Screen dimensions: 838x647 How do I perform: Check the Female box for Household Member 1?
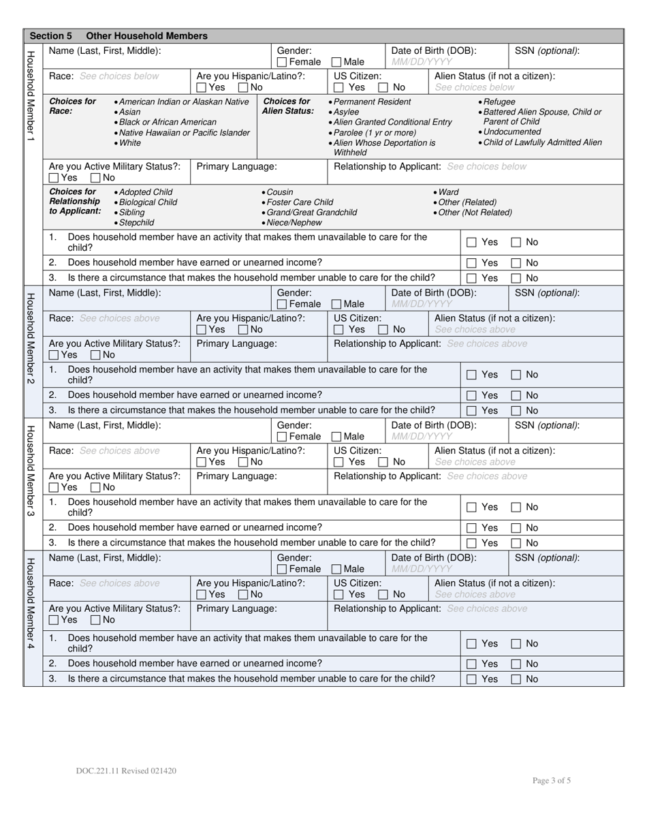click(x=282, y=62)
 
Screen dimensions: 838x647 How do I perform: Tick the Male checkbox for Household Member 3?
click(x=336, y=437)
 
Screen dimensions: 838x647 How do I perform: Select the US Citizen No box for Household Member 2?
click(x=383, y=330)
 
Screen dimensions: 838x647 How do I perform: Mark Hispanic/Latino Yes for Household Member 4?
click(x=202, y=595)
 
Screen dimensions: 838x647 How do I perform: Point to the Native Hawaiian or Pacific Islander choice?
click(x=183, y=133)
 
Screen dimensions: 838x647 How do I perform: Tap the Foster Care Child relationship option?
click(x=298, y=202)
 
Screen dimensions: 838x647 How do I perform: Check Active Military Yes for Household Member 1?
click(x=54, y=178)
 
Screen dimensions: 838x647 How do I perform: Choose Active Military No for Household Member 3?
click(x=96, y=488)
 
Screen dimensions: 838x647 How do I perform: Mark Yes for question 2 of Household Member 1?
click(x=471, y=263)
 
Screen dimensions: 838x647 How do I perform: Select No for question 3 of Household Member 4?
click(x=516, y=679)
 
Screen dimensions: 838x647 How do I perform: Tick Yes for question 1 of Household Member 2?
click(x=471, y=375)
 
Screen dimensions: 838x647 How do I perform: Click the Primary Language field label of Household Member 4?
click(x=236, y=608)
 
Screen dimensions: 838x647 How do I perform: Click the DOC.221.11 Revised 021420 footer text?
click(x=127, y=771)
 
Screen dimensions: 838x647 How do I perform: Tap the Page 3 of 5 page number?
click(x=552, y=781)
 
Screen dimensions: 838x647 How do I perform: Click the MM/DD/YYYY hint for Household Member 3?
click(x=422, y=436)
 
